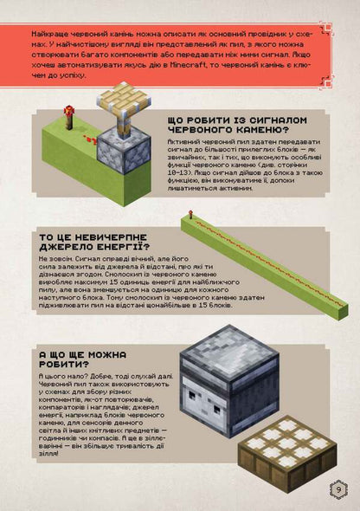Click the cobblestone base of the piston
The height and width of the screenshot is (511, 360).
pos(125,154)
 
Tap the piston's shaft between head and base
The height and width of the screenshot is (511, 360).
pos(123,122)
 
